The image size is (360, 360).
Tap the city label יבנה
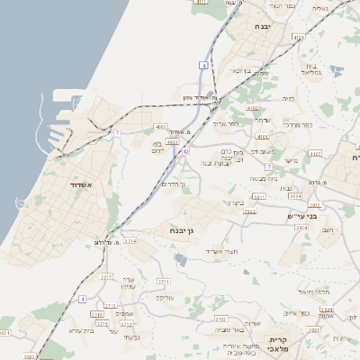click(263, 27)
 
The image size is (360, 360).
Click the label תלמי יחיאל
click(315, 293)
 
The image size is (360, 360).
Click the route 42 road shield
click(185, 152)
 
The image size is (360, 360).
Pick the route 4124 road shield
click(298, 38)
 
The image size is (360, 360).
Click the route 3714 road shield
click(131, 241)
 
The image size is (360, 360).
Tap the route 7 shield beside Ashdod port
click(117, 133)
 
